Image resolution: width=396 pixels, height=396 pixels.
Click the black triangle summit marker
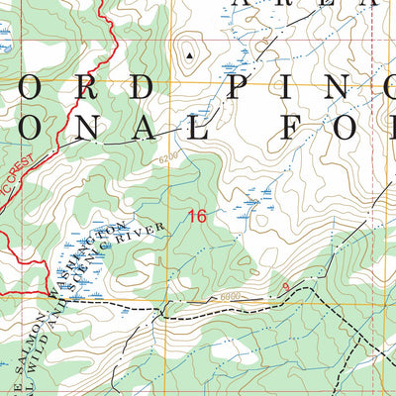189,55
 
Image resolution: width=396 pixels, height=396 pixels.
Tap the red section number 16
198,216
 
